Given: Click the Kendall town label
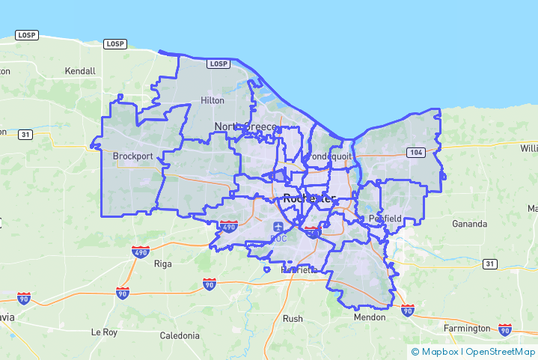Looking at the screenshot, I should coord(80,71).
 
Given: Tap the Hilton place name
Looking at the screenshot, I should coord(213,100).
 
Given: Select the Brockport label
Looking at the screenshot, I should coord(132,156).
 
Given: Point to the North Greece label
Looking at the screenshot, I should coord(245,126).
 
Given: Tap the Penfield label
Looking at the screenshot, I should coord(385,219).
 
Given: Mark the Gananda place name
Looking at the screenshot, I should coord(469,224).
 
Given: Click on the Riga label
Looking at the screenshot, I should coord(162,263).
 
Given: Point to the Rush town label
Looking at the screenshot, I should coord(293,318).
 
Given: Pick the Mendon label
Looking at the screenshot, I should coord(370,317).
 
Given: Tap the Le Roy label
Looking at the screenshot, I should coord(105,332).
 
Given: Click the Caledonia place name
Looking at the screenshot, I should coord(180,335).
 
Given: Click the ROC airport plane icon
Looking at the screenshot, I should coord(279,226).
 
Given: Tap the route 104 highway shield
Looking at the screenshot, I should coord(416,153).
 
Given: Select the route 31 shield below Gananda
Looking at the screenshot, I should coord(489,263).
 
